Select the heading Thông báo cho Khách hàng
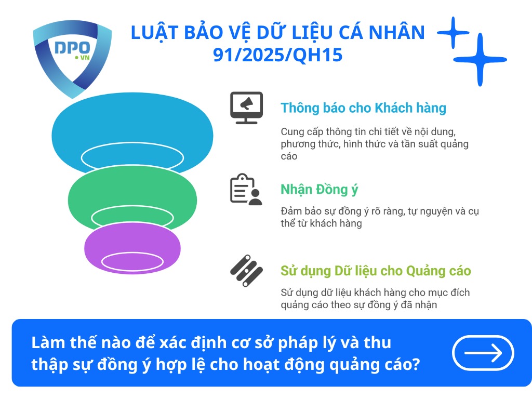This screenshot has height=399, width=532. (x=363, y=108)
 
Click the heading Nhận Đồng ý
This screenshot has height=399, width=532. (x=319, y=190)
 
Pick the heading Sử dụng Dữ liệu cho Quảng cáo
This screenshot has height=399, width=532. (x=376, y=271)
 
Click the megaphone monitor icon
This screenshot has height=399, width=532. (x=246, y=108)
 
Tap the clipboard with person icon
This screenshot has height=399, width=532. (x=246, y=190)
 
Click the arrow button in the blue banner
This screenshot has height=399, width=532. (x=483, y=353)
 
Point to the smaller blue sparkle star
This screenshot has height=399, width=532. (x=453, y=33)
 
